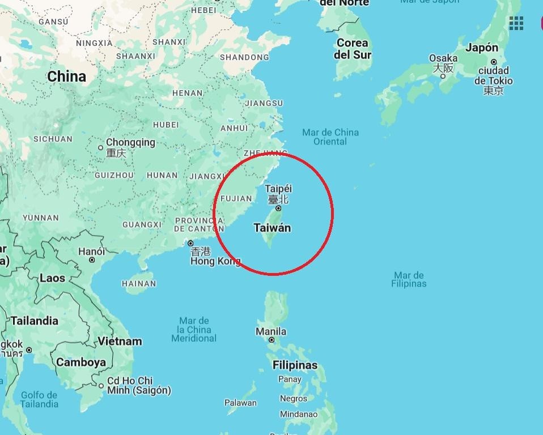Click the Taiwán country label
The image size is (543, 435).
pyautogui.click(x=272, y=228)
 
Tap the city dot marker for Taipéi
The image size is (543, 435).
pyautogui.click(x=278, y=208)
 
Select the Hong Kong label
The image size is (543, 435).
pyautogui.click(x=215, y=261)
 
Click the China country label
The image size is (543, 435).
pyautogui.click(x=67, y=76)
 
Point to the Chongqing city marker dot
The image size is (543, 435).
pyautogui.click(x=101, y=148)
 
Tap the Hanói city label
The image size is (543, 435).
pyautogui.click(x=92, y=251)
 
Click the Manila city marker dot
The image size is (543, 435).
pyautogui.click(x=271, y=340)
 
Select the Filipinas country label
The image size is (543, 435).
pyautogui.click(x=295, y=365)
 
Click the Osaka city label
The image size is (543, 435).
pyautogui.click(x=443, y=58)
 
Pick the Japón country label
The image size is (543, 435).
pyautogui.click(x=482, y=48)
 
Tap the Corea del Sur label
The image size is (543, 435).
pyautogui.click(x=353, y=49)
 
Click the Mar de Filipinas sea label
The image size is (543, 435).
pyautogui.click(x=409, y=279)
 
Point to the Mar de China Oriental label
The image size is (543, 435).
pyautogui.click(x=330, y=137)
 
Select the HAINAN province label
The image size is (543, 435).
pyautogui.click(x=139, y=283)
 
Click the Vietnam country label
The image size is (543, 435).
pyautogui.click(x=120, y=341)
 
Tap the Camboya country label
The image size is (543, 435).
pyautogui.click(x=81, y=362)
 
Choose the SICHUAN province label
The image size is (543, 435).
pyautogui.click(x=53, y=139)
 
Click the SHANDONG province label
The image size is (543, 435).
pyautogui.click(x=244, y=57)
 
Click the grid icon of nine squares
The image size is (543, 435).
pyautogui.click(x=516, y=23)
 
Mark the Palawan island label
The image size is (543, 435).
pyautogui.click(x=240, y=403)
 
